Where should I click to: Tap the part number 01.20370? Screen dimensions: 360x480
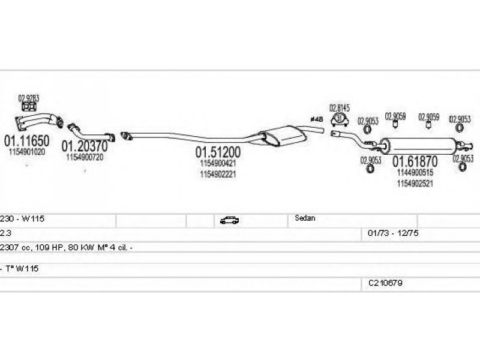85,146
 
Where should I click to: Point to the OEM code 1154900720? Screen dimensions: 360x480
85,157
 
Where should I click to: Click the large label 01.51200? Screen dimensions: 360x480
217,151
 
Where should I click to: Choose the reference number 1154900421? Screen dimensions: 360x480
217,163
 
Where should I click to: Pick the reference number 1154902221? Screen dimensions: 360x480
217,174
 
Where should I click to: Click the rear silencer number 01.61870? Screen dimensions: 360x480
415,161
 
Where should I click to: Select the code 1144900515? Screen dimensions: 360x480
415,172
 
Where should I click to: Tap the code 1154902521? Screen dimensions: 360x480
415,184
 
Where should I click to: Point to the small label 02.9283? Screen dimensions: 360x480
28,98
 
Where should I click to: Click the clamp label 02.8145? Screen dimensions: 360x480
340,107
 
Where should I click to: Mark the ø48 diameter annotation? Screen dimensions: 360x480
316,119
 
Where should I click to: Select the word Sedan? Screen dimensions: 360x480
305,218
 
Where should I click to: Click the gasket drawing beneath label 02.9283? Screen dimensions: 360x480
28,108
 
